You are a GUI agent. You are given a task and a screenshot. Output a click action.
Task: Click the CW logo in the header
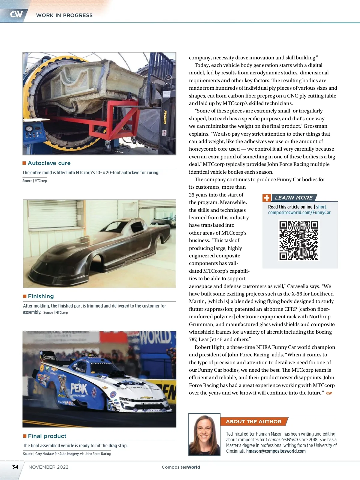16,14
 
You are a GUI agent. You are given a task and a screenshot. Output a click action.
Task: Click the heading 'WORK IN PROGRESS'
64,15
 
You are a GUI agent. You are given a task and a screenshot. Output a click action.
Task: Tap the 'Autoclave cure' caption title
49,163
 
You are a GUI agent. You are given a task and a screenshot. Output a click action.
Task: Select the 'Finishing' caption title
41,296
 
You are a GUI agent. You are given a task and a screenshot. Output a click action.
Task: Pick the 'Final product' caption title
47,436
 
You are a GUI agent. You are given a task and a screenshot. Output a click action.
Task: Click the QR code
298,240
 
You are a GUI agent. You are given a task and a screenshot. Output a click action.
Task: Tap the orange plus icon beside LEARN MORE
267,198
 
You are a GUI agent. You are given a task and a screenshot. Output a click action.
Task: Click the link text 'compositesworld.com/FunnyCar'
299,212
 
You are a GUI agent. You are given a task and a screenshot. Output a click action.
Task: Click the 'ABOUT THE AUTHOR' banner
253,421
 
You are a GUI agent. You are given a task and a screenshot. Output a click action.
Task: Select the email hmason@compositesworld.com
276,451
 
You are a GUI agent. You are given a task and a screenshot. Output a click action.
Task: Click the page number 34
15,467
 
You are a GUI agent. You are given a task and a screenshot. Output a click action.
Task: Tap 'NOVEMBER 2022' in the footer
48,467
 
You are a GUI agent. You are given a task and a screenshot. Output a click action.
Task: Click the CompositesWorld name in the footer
181,467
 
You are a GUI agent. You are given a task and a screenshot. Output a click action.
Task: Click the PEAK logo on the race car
79,389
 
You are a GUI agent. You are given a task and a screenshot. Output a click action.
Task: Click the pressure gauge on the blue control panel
29,129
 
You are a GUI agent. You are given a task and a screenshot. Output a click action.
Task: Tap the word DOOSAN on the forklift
165,117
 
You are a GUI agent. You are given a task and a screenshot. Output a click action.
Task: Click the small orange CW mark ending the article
329,393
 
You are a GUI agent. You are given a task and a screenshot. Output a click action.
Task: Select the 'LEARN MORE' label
294,198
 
